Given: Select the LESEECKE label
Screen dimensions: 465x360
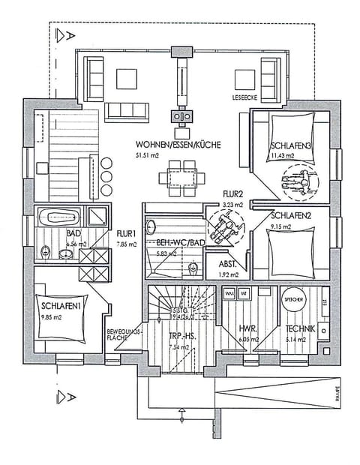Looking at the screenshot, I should [x=246, y=98].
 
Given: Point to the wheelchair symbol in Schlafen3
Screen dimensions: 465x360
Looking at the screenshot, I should [x=298, y=181].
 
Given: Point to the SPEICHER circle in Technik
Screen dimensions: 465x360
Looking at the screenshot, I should [x=293, y=298].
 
